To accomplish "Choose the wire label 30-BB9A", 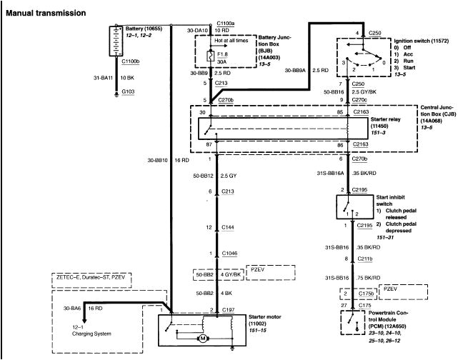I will (298, 71).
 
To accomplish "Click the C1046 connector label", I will (231, 254).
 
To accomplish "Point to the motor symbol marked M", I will (202, 337).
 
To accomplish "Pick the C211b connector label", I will (366, 259).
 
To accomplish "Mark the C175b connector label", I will (366, 293).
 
